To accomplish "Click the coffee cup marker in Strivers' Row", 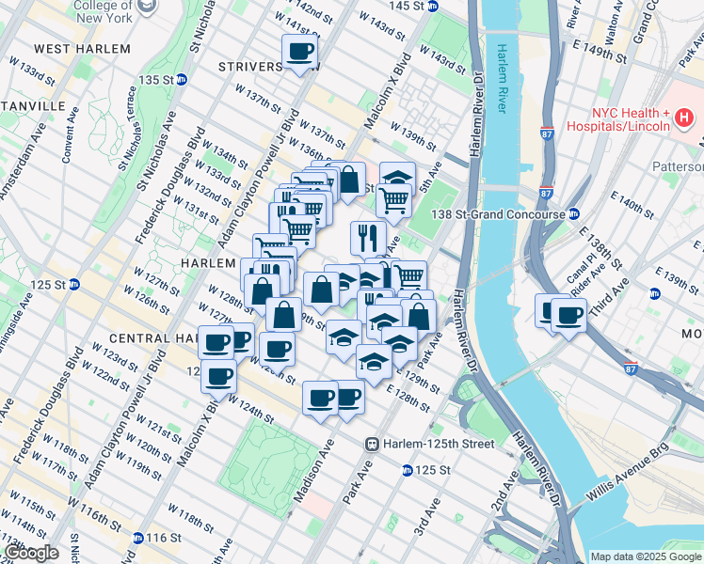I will [300, 52].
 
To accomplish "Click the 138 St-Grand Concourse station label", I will [498, 214].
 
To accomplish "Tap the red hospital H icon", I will [684, 115].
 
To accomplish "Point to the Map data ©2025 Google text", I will [645, 556].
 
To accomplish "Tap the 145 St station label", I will [412, 6].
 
